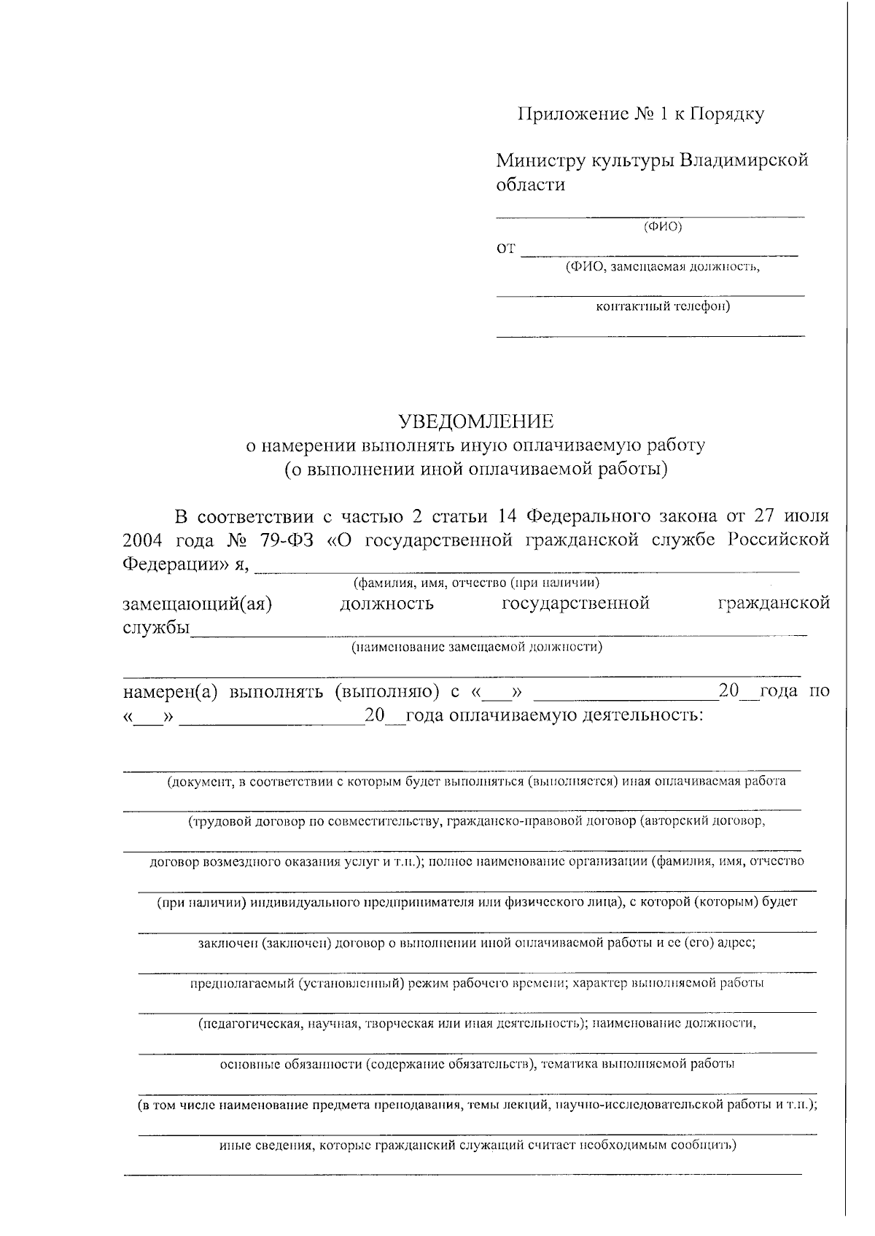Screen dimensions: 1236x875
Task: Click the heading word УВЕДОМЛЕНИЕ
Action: pos(475,421)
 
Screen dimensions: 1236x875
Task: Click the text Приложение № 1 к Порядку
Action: pos(641,114)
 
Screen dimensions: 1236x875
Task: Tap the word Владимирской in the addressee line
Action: pos(744,160)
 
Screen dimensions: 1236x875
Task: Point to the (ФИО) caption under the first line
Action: pos(663,227)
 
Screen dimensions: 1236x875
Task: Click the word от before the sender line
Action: pos(506,249)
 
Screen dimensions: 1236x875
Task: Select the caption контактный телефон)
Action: pos(663,306)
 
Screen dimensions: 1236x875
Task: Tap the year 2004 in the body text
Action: pos(143,540)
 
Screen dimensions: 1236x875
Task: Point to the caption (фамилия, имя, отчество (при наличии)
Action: pos(476,583)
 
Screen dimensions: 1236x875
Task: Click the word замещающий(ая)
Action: pos(197,605)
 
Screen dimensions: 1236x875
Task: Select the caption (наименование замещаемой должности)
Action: pos(476,647)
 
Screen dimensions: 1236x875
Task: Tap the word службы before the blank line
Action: pos(155,628)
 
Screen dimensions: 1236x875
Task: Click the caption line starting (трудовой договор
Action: pos(476,822)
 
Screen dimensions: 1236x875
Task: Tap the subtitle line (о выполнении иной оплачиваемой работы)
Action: pos(475,469)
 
